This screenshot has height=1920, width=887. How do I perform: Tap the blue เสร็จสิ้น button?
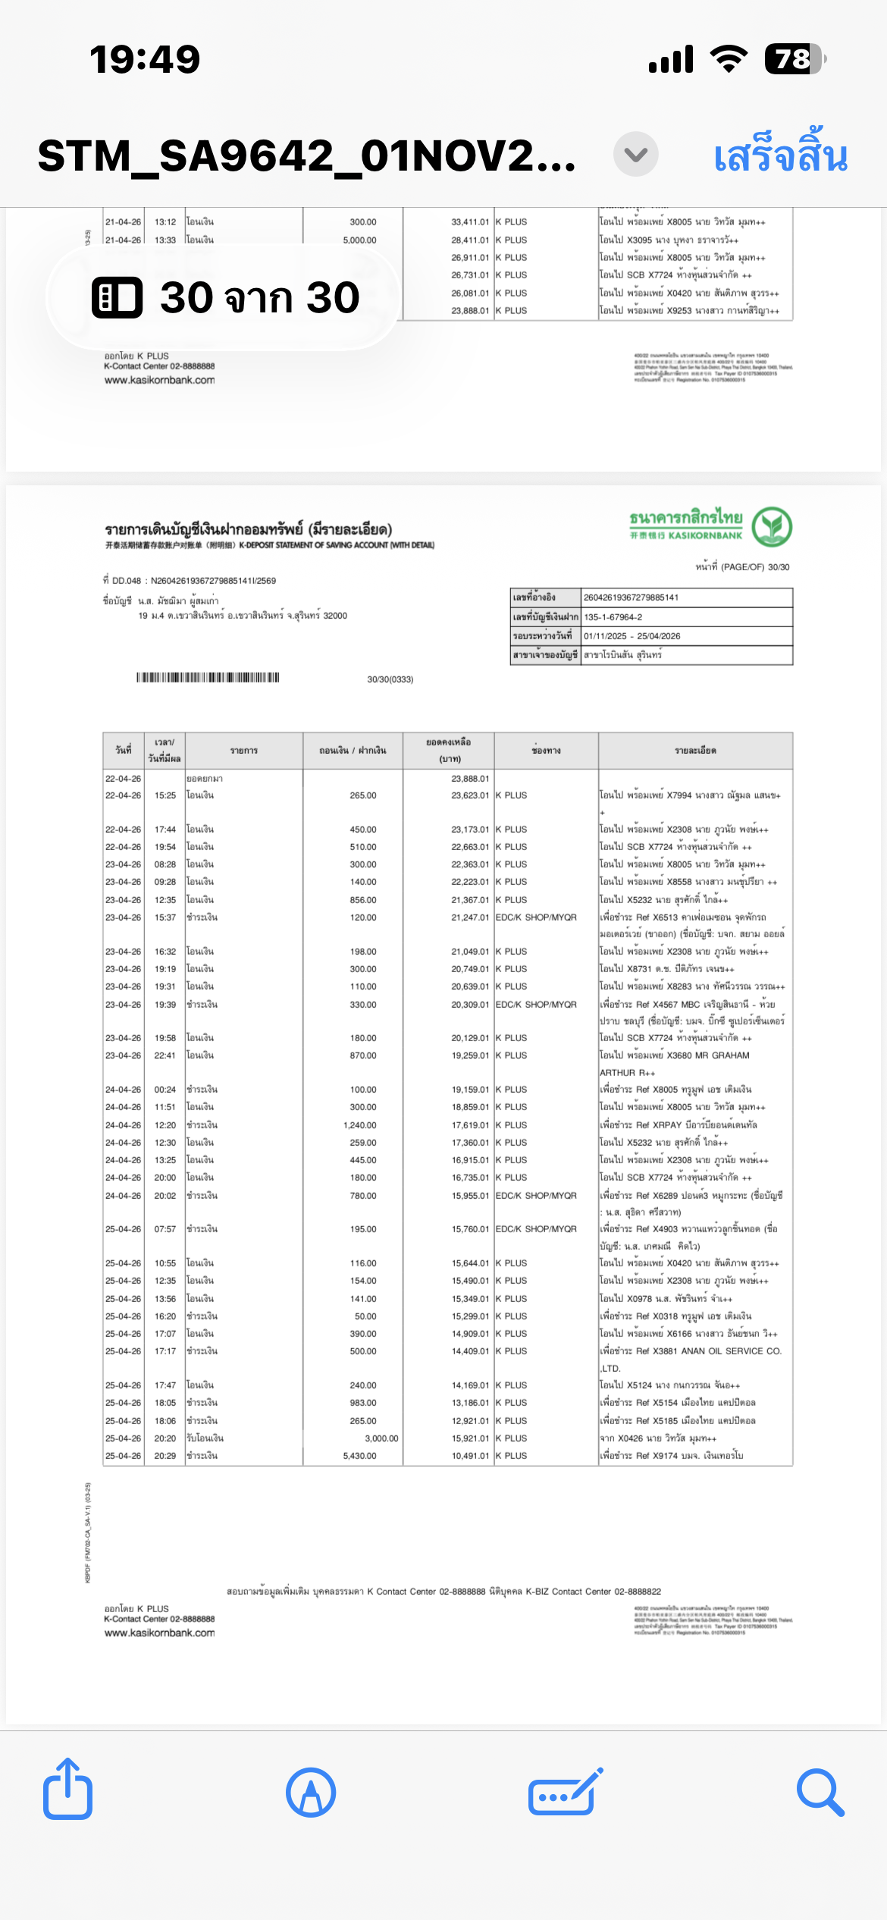tap(780, 155)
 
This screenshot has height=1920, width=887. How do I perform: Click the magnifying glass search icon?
tap(820, 1793)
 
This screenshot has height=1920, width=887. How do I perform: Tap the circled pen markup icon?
tap(311, 1793)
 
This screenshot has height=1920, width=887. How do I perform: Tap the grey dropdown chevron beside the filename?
tap(635, 155)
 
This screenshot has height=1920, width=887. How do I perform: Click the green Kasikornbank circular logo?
tap(772, 527)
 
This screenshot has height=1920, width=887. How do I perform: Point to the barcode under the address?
tap(208, 677)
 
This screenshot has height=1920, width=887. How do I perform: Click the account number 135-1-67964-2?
tap(613, 617)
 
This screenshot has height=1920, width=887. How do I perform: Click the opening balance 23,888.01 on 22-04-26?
tap(470, 779)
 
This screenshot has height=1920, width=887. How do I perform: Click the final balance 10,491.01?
tap(470, 1456)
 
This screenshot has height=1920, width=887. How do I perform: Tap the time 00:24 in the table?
tap(165, 1090)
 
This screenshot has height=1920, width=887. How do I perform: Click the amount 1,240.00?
tap(359, 1125)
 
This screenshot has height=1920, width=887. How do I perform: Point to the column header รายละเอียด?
tap(695, 751)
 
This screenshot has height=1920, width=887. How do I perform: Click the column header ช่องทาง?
tap(546, 751)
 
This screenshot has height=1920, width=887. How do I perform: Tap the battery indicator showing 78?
tap(794, 59)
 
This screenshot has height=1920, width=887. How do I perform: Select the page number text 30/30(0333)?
tap(390, 679)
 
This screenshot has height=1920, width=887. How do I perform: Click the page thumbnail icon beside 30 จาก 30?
tap(117, 297)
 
